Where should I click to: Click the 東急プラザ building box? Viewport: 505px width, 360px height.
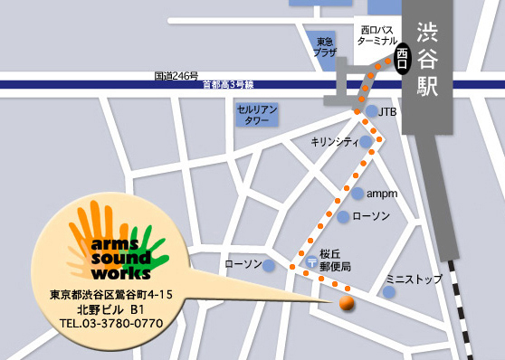(x=324, y=47)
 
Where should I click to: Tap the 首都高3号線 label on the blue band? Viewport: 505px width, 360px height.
(x=230, y=85)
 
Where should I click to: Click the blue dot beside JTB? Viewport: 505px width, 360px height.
(x=371, y=111)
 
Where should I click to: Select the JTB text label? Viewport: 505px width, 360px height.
(x=387, y=112)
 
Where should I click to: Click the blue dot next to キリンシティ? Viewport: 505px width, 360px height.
(x=365, y=142)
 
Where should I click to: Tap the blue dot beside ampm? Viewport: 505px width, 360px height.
(x=358, y=194)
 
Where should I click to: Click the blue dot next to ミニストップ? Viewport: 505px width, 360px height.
(x=389, y=292)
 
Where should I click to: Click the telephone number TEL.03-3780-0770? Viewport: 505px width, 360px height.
(x=111, y=323)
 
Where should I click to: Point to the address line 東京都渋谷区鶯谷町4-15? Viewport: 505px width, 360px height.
(x=111, y=294)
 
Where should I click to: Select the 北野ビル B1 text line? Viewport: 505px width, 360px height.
(x=111, y=308)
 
